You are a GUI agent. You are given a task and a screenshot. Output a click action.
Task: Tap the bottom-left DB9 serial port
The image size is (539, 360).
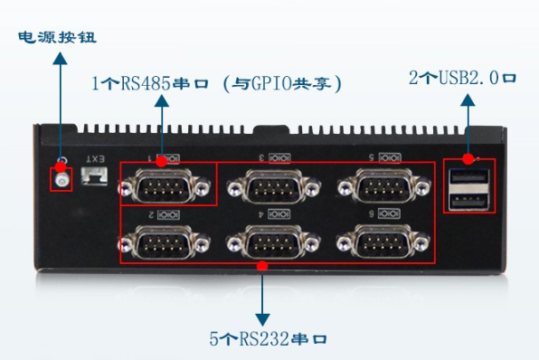(164, 242)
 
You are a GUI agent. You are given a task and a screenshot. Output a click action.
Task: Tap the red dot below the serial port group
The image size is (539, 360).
(262, 265)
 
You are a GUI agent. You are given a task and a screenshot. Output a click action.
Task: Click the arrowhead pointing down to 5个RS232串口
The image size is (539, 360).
(262, 318)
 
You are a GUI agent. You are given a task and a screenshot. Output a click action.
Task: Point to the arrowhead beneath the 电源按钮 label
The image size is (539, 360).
(60, 58)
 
